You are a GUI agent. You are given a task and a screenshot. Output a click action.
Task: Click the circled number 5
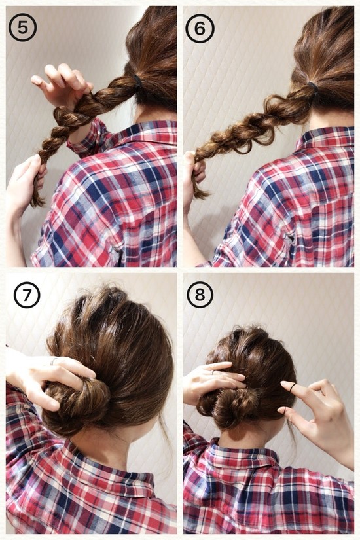point(22,27)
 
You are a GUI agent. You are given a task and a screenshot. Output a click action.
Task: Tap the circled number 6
point(200,28)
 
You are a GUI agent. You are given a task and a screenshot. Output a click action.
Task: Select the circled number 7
point(27,295)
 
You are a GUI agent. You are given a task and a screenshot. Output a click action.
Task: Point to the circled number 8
point(200,295)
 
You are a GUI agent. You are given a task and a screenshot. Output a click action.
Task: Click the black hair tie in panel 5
point(138,82)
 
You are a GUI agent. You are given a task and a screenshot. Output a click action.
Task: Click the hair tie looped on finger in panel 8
point(293,387)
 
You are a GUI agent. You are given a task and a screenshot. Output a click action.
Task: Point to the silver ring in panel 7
point(54,361)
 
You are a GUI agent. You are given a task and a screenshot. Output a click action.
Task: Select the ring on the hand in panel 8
point(213,372)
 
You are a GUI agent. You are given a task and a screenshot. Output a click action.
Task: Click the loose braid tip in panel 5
point(37,200)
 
